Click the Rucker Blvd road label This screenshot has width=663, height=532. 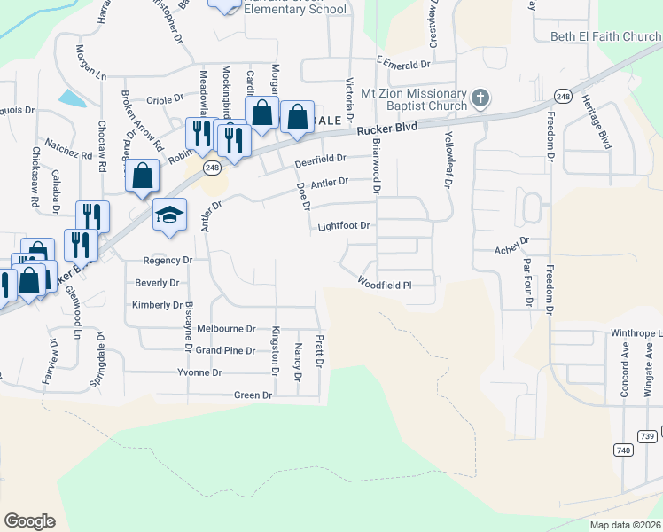tap(387, 129)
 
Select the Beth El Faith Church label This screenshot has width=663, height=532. tap(606, 36)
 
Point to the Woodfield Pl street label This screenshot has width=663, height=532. tap(386, 285)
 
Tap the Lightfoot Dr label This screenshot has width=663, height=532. tap(343, 226)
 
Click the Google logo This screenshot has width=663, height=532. tap(29, 520)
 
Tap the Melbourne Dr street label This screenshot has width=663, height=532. tap(226, 328)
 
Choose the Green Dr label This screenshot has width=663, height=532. tap(253, 395)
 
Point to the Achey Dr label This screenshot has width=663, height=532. tap(511, 240)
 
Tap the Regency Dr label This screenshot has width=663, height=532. tap(168, 261)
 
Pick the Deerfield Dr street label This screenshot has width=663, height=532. tap(318, 161)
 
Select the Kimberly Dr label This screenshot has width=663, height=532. tap(157, 305)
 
